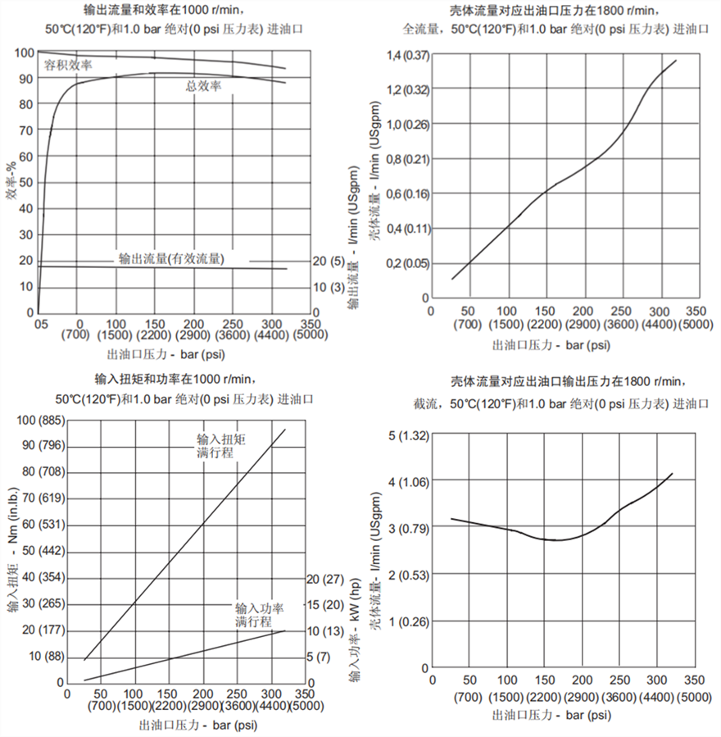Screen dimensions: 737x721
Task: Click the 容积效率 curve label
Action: coord(68,65)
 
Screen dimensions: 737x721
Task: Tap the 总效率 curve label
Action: coord(204,85)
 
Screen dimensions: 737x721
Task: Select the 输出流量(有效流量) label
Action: coord(171,257)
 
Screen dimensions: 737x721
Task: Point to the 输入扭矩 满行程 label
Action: coord(221,445)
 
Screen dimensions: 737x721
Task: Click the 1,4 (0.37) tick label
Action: coord(406,54)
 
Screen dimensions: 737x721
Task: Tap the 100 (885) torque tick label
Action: coord(34,421)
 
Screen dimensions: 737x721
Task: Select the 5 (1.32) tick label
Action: coord(407,434)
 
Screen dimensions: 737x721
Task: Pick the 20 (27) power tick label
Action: coord(324,578)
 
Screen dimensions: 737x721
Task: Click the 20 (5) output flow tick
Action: coord(329,262)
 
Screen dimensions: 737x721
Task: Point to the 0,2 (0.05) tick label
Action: coord(406,263)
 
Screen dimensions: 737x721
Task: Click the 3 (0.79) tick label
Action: coord(407,528)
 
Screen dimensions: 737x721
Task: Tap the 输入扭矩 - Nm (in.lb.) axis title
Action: coord(12,549)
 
